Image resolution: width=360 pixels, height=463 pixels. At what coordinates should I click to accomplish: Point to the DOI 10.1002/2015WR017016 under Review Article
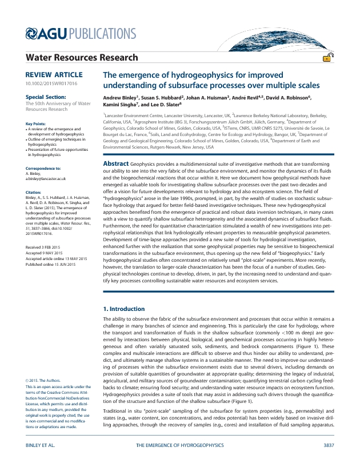tap(51, 84)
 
